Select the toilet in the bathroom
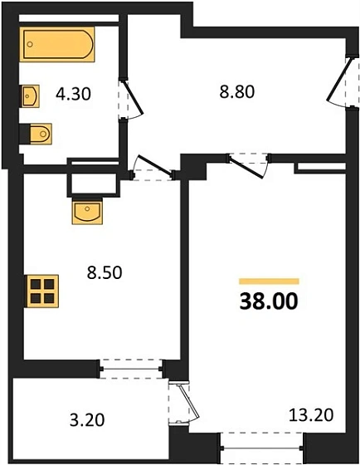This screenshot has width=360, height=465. (38, 133)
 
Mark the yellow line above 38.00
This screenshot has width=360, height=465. (269, 281)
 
